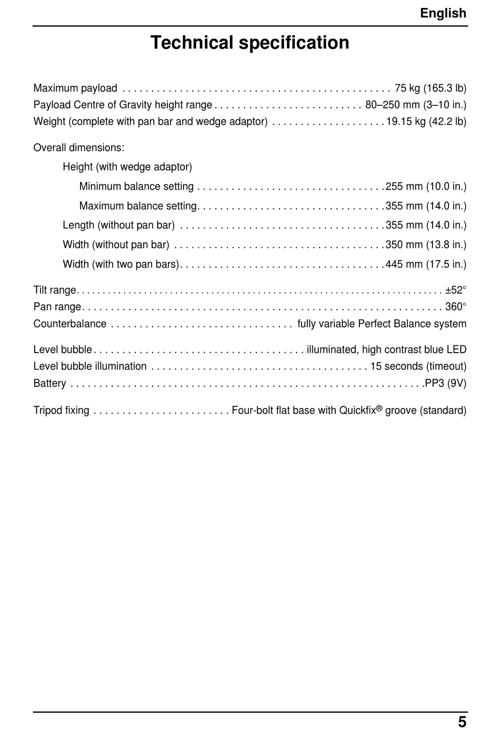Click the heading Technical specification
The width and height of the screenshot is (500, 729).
point(249,43)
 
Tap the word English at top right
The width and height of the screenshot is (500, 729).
point(443,13)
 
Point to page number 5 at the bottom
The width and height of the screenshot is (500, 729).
point(462,721)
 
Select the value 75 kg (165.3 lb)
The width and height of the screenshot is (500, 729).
point(430,88)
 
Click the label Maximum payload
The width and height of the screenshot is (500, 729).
point(75,88)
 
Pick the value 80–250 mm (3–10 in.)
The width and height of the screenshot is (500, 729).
point(416,105)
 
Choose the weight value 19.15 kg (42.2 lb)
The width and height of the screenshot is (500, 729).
point(426,122)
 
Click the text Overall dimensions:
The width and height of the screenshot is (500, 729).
point(79,147)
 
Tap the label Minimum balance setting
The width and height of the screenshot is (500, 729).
point(136,186)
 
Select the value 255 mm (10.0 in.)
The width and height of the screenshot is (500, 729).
point(426,186)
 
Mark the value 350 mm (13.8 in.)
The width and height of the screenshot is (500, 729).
point(426,245)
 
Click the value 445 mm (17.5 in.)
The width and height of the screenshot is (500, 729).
point(426,264)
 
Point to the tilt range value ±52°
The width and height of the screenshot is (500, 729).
point(456,290)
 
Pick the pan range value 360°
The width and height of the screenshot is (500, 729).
point(456,307)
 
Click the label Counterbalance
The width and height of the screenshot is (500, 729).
point(70,324)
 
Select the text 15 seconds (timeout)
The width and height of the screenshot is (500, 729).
point(418,366)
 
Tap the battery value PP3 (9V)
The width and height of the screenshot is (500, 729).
point(445,383)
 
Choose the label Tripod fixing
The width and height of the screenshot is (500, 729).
point(62,410)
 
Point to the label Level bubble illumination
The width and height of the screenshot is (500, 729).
point(90,366)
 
